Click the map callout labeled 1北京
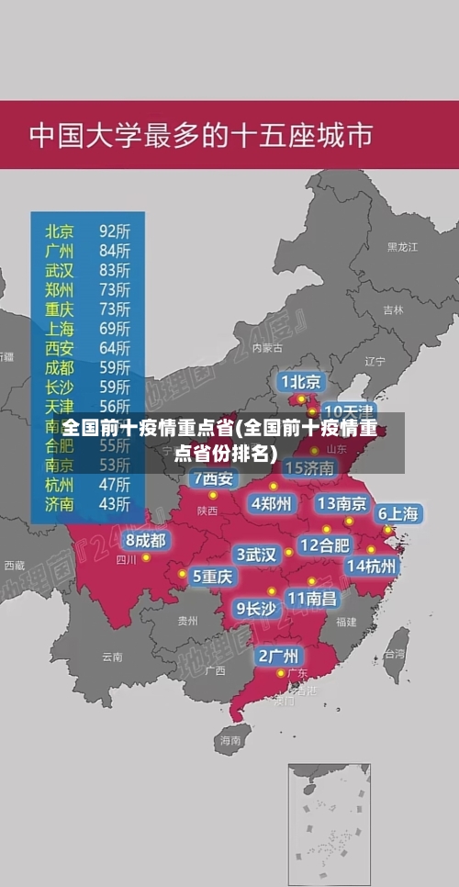tap(300, 381)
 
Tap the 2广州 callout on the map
tap(277, 656)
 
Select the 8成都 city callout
tap(146, 541)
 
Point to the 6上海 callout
tap(397, 514)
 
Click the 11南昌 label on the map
tap(311, 598)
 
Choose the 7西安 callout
tap(213, 478)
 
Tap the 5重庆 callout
tap(212, 576)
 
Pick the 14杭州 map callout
tap(372, 566)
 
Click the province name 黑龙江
tap(402, 247)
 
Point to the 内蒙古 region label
tap(268, 348)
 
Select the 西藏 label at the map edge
tap(14, 566)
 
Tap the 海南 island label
tap(229, 739)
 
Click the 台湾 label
tap(394, 655)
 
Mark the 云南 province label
tap(112, 657)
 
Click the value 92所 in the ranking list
tap(115, 230)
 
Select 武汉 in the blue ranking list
tap(60, 270)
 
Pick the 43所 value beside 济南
tap(115, 503)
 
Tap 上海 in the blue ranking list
tap(60, 329)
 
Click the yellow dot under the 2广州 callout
tap(281, 673)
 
